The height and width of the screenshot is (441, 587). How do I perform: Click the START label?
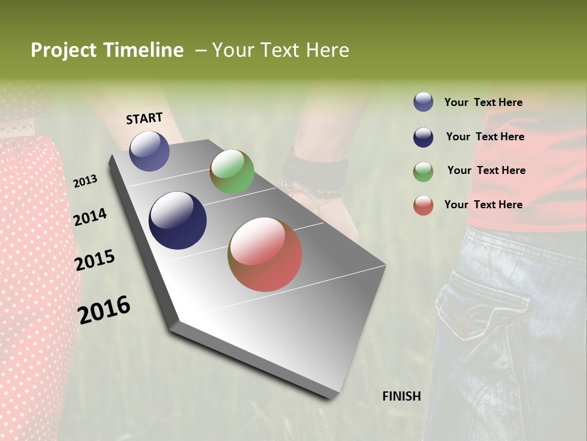click(144, 118)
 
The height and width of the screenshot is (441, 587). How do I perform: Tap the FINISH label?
click(402, 396)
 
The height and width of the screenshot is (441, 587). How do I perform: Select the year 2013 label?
click(85, 181)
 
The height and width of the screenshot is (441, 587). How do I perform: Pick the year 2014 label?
click(90, 217)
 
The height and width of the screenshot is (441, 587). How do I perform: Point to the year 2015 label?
click(95, 260)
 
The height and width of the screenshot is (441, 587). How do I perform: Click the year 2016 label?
click(104, 309)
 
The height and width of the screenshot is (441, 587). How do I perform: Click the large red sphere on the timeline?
click(265, 254)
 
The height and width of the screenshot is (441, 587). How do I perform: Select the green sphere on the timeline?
click(232, 171)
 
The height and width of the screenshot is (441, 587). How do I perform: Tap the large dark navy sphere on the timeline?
click(177, 221)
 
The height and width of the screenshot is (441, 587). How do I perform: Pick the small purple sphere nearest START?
click(149, 151)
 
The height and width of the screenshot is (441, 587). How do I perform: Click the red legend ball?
click(423, 205)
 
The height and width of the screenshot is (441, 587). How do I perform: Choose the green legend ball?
click(423, 171)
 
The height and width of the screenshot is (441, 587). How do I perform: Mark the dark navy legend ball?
click(423, 137)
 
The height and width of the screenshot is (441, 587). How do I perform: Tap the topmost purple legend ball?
click(423, 102)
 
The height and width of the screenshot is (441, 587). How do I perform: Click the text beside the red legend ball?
click(483, 205)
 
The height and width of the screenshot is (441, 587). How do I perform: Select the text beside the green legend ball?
click(486, 170)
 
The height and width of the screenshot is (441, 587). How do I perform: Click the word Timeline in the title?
click(143, 50)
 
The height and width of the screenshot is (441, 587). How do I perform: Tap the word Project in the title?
click(64, 50)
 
